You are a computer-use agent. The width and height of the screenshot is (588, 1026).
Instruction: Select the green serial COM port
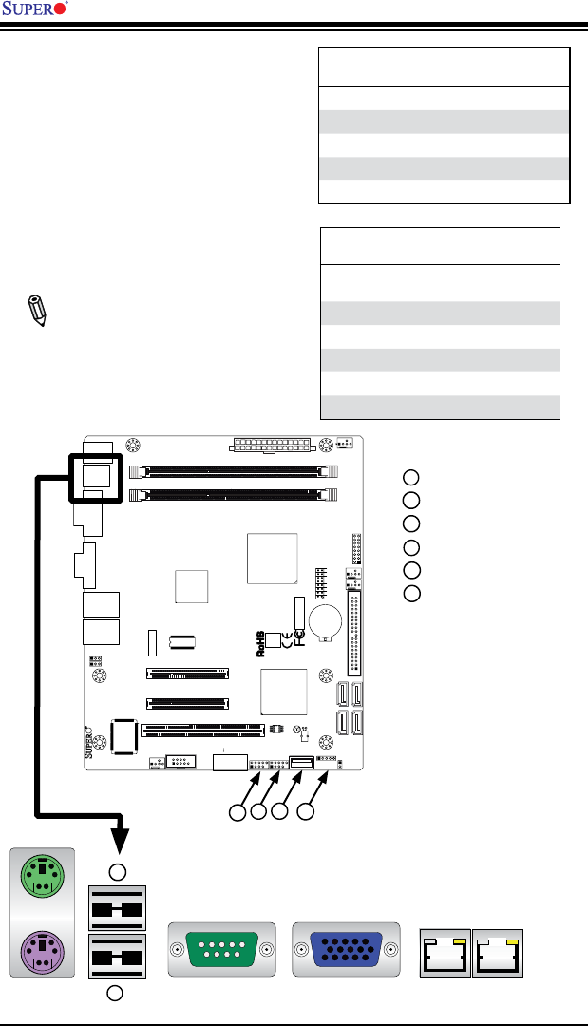[220, 949]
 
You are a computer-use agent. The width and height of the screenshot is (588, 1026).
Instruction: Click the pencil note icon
[36, 310]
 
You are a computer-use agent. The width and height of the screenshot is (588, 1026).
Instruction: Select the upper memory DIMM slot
[233, 469]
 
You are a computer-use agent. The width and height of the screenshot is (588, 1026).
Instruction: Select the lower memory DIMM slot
[233, 494]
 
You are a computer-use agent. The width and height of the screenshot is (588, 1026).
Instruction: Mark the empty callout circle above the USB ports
[114, 872]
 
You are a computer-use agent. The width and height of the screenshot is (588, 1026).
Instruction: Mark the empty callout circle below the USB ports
[114, 994]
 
